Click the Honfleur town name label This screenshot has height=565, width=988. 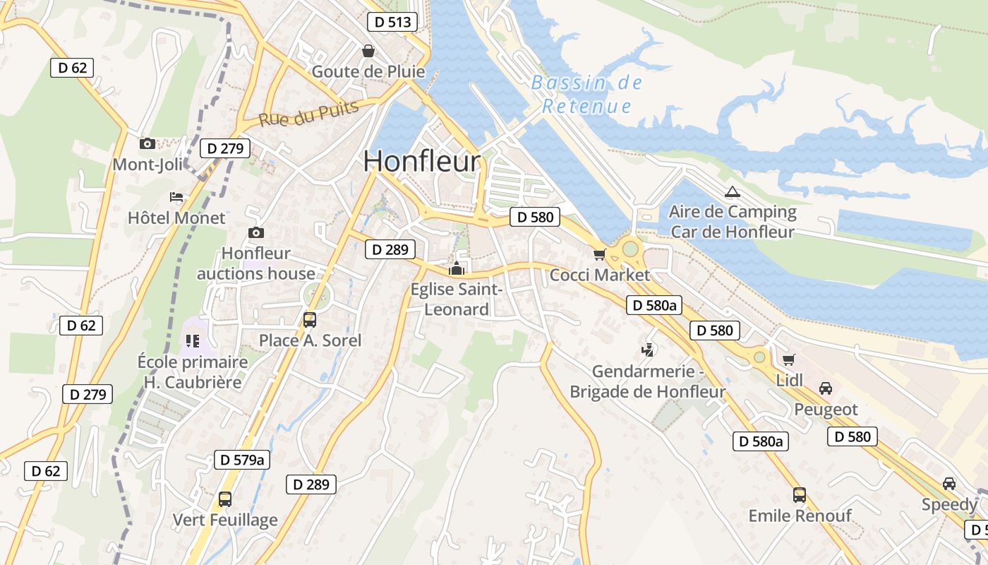pyautogui.click(x=421, y=161)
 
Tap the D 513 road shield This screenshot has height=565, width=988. pyautogui.click(x=392, y=22)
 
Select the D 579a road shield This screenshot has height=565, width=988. pyautogui.click(x=242, y=460)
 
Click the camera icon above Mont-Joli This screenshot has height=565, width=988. pyautogui.click(x=147, y=144)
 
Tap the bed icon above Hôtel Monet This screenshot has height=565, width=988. pyautogui.click(x=176, y=196)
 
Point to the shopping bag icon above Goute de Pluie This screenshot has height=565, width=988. pyautogui.click(x=368, y=51)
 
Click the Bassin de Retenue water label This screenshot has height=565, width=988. pyautogui.click(x=586, y=95)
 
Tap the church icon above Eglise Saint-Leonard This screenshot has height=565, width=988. pyautogui.click(x=457, y=268)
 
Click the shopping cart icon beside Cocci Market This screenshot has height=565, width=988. pyautogui.click(x=599, y=254)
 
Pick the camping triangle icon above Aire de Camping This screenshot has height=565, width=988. pyautogui.click(x=733, y=191)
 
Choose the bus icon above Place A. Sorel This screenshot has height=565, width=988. pyautogui.click(x=309, y=319)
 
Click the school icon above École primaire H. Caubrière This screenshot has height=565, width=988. pyautogui.click(x=193, y=341)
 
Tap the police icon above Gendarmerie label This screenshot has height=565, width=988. pyautogui.click(x=647, y=350)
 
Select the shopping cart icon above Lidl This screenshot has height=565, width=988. pyautogui.click(x=788, y=359)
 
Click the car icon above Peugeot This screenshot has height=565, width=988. pyautogui.click(x=825, y=388)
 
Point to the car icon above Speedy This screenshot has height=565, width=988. pyautogui.click(x=949, y=484)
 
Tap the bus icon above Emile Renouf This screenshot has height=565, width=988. pyautogui.click(x=799, y=494)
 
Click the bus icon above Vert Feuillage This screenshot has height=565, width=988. pyautogui.click(x=224, y=499)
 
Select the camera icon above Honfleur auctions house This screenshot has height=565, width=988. pyautogui.click(x=256, y=232)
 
